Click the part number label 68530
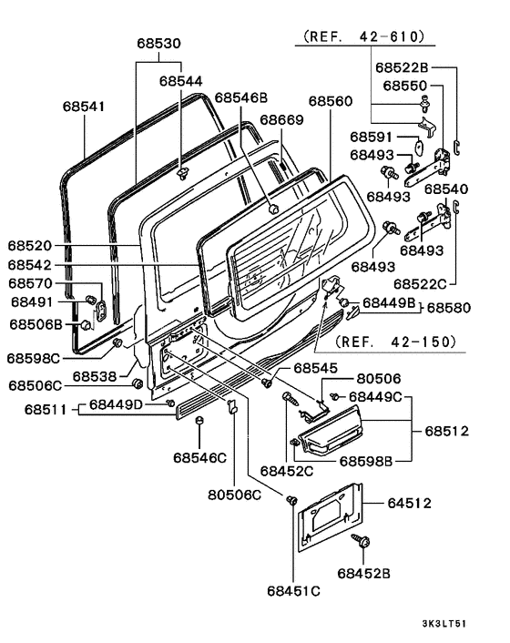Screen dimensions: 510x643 [x=158, y=44]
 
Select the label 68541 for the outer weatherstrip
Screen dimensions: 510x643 [x=84, y=107]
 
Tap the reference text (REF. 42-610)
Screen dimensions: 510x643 [x=363, y=36]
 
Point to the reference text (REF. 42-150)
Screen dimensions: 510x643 [x=395, y=342]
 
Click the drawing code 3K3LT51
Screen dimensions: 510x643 [x=444, y=624]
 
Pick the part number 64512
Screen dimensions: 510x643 [x=410, y=503]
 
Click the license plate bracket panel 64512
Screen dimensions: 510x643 [x=331, y=516]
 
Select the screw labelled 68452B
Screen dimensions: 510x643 [x=362, y=541]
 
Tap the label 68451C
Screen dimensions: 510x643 [x=293, y=591]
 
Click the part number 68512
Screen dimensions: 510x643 [x=446, y=431]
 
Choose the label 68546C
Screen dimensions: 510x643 [x=200, y=457]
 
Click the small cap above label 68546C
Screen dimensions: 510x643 [x=199, y=421]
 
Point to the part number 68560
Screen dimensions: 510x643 [x=331, y=101]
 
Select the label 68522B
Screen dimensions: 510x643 [x=402, y=67]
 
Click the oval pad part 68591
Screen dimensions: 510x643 [x=419, y=147]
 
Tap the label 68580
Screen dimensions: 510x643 [x=449, y=308]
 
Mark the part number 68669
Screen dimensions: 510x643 [x=282, y=120]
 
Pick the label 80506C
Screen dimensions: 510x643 [x=234, y=495]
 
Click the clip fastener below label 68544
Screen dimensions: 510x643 [x=182, y=173]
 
